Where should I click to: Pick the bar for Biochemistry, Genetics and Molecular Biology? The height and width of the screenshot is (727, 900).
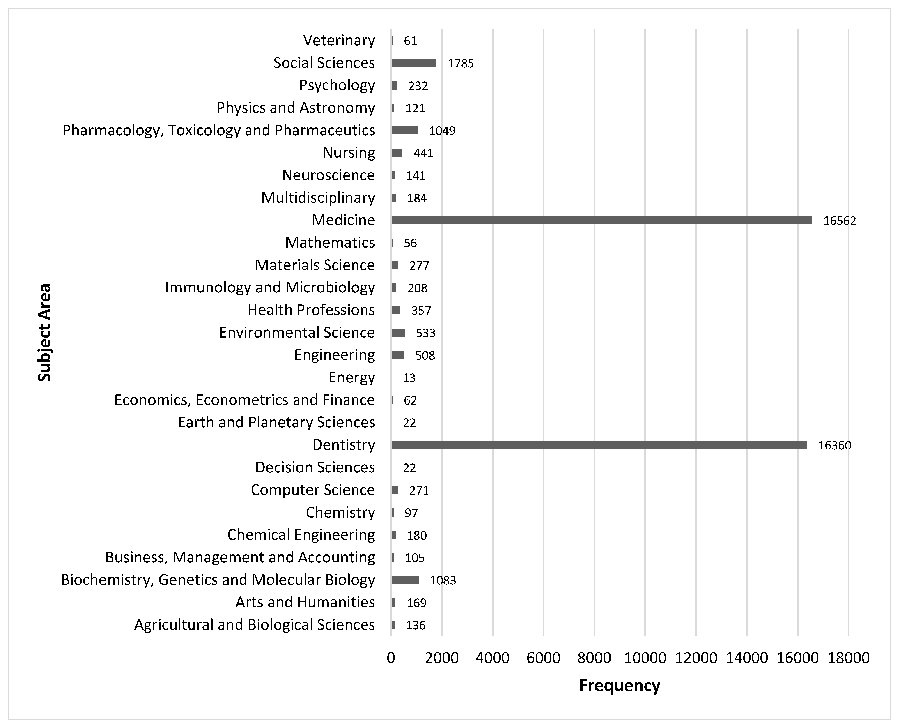tap(405, 580)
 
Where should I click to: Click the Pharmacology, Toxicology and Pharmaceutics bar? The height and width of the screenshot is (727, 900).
tap(404, 130)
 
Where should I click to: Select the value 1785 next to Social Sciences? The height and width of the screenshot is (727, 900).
tap(460, 63)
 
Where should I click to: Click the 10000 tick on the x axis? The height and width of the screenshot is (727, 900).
tap(645, 658)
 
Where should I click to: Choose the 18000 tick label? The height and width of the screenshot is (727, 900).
tap(849, 658)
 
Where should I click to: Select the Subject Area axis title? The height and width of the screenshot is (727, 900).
tap(44, 333)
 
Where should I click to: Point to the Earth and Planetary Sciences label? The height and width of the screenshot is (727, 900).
tap(276, 422)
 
